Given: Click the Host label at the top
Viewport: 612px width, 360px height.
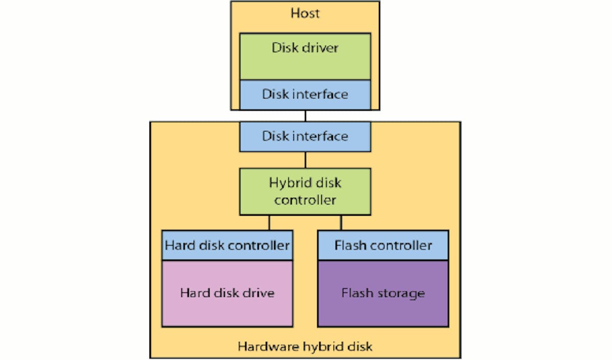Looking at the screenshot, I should coord(305,13).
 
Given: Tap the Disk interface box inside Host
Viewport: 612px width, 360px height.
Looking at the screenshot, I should coord(305,94).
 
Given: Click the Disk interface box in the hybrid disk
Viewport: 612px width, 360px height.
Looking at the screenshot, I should coord(305,136).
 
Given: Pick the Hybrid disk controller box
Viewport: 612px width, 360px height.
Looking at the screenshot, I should coord(305,191).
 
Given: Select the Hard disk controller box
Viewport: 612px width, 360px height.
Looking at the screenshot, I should coord(227,245).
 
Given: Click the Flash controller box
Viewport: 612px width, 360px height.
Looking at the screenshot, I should coord(383,245).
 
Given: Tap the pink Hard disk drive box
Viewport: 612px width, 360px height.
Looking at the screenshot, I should coord(227,293).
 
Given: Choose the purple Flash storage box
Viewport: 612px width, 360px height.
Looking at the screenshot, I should coord(383,293).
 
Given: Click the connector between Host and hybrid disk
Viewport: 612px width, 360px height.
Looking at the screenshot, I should coord(305,116).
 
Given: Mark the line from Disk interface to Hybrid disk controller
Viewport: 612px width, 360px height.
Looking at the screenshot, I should coord(305,160).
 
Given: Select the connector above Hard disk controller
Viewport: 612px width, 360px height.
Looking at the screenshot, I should coord(269,222).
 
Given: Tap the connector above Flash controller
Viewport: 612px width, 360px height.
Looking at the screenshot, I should coord(341,222).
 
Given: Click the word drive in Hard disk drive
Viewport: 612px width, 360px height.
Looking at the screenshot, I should coord(259,293).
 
